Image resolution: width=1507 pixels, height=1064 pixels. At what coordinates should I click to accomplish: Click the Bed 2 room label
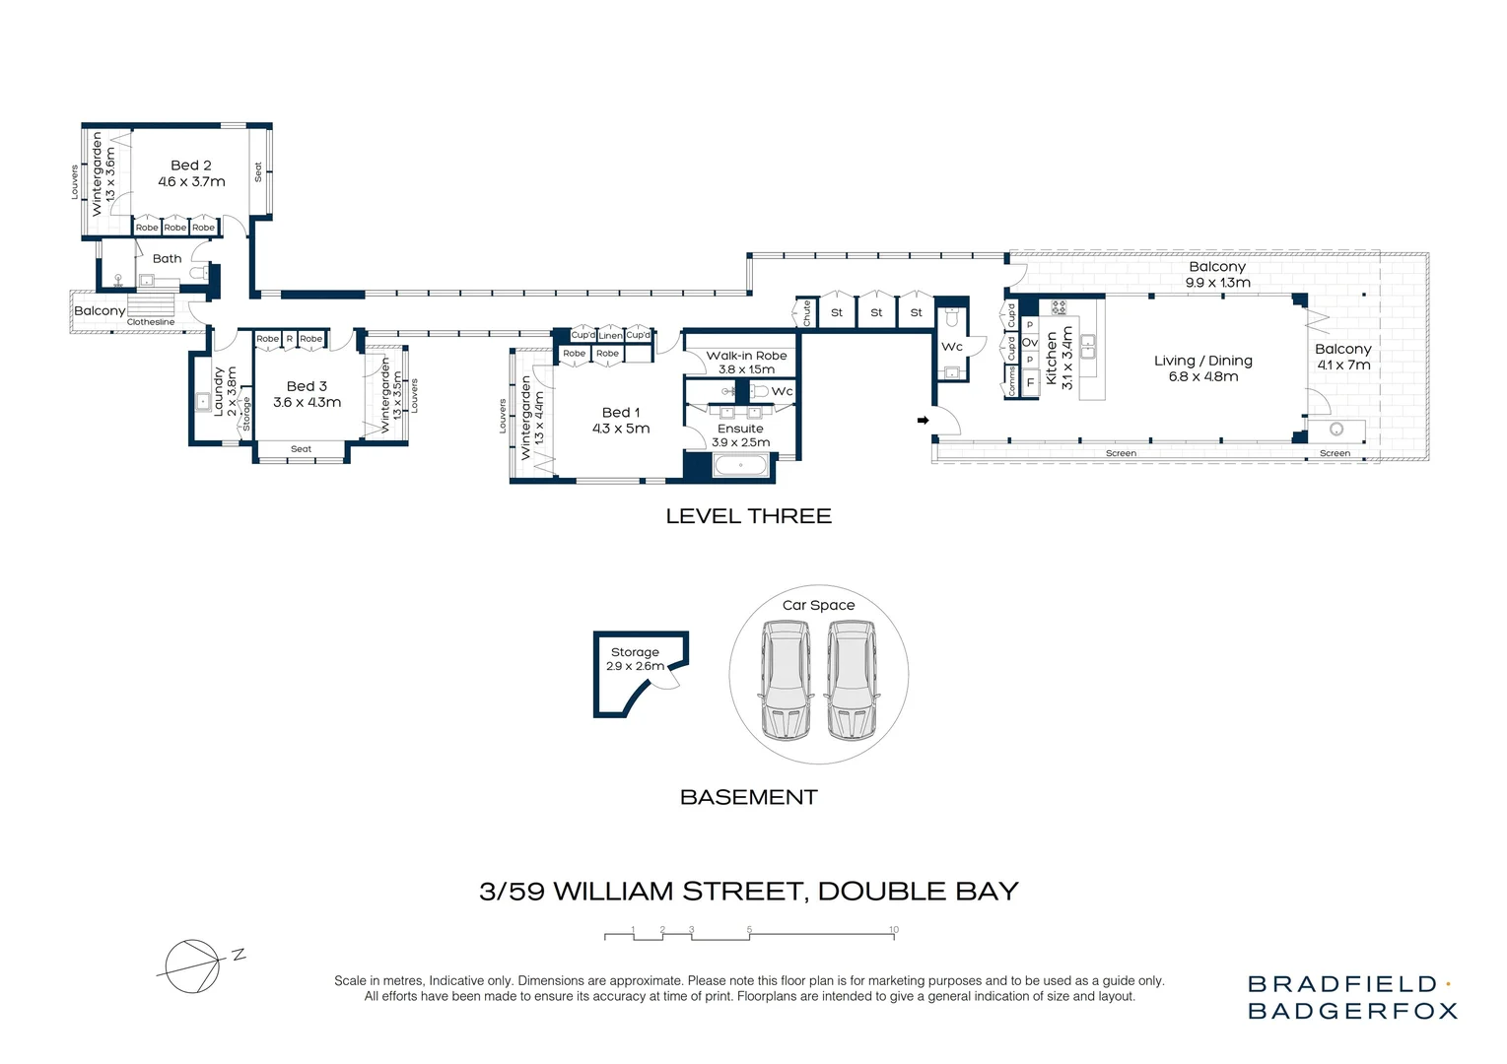click(x=191, y=166)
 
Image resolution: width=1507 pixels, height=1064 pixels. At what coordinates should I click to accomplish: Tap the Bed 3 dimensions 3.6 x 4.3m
click(x=307, y=403)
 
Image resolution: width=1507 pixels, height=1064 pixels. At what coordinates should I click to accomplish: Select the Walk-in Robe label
click(x=746, y=356)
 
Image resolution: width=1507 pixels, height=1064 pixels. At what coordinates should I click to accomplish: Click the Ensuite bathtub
click(x=740, y=465)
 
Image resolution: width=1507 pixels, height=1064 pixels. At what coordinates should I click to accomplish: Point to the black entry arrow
click(x=923, y=421)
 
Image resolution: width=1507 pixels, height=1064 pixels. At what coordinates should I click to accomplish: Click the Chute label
click(x=806, y=313)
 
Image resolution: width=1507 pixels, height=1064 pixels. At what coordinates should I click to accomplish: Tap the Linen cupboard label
click(x=610, y=336)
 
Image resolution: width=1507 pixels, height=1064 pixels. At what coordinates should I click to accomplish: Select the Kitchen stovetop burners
click(x=1059, y=307)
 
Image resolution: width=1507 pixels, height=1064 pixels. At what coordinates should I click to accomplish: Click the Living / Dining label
click(x=1202, y=361)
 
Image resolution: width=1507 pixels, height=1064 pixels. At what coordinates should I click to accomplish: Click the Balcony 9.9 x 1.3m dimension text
click(x=1217, y=283)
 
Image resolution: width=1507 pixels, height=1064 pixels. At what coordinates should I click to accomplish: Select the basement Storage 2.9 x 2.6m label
click(x=635, y=659)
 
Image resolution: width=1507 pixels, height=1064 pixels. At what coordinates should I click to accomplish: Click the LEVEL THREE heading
click(x=748, y=516)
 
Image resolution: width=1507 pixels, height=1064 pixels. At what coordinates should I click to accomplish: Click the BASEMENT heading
click(x=748, y=797)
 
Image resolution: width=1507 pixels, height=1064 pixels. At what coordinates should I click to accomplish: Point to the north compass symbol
click(x=192, y=965)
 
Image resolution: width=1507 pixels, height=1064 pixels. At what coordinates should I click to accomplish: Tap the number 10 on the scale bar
click(x=893, y=930)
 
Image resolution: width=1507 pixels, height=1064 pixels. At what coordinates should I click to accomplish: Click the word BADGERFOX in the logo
click(x=1351, y=1011)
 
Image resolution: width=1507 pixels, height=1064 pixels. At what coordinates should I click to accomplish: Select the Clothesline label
click(x=150, y=322)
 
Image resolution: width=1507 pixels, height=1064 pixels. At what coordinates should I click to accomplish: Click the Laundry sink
click(x=203, y=401)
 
